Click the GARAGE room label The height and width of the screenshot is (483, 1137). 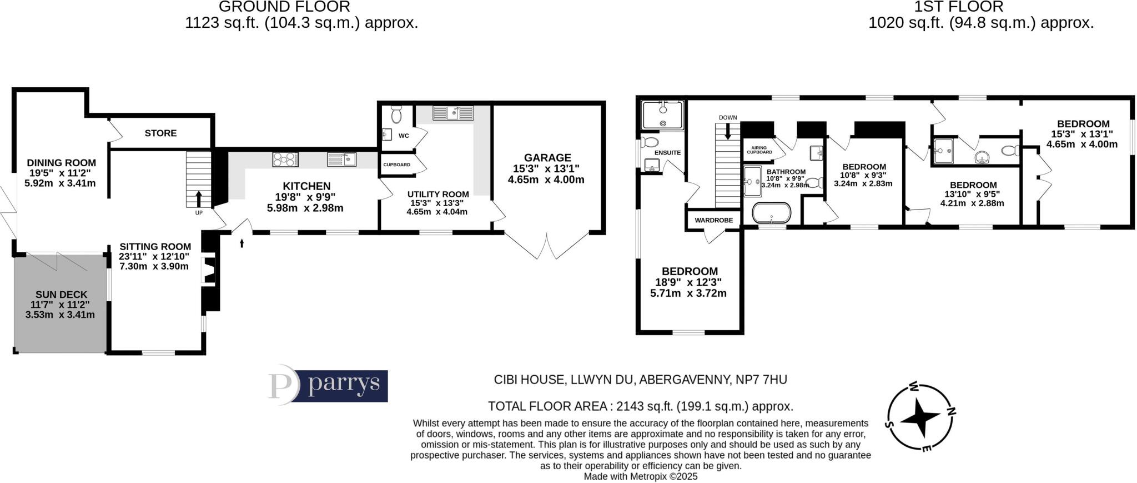(547, 158)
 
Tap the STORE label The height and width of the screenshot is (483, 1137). (160, 133)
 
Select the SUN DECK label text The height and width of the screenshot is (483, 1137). (61, 295)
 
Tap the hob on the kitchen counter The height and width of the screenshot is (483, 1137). (285, 160)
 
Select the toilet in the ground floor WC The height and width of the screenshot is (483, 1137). (396, 114)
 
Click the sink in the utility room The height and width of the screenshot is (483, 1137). (453, 113)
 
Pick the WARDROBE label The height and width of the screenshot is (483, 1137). (713, 220)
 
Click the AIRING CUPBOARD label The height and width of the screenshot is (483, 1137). (759, 150)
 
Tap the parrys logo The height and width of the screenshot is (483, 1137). (328, 385)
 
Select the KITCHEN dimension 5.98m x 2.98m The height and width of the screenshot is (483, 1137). (305, 208)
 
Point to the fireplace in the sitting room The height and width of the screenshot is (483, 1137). (209, 270)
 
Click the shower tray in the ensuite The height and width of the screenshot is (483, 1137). (662, 114)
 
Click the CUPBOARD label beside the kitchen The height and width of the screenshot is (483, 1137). (396, 165)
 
